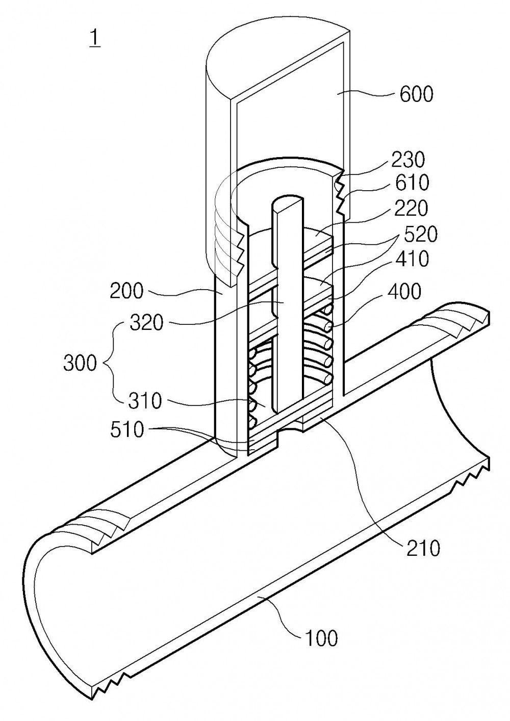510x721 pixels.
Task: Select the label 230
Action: pos(408,160)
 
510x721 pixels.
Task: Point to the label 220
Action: pos(411,208)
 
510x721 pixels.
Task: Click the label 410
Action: pos(412,259)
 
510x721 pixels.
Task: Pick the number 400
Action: pos(404,292)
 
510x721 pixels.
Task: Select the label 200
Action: pos(127,292)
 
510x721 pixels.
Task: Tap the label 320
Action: pos(147,323)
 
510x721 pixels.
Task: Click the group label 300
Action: pos(80,364)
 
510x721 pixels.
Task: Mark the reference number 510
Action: pos(126,430)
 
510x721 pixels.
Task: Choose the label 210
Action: pos(423,549)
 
